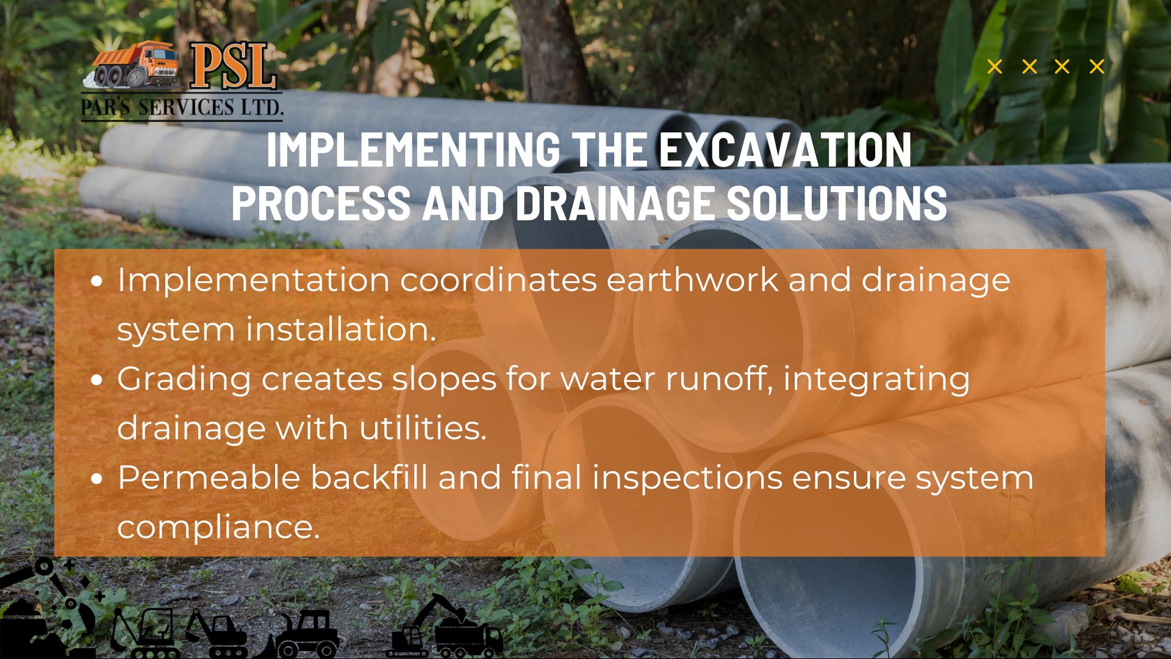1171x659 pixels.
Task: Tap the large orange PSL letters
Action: [x=233, y=67]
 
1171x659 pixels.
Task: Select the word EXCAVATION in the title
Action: [x=786, y=149]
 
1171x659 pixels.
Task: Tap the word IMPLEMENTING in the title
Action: [x=413, y=149]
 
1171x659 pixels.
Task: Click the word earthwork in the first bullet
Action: [x=692, y=280]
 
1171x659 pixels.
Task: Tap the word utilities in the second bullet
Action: [x=423, y=428]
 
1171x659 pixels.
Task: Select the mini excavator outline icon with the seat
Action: [x=146, y=632]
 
